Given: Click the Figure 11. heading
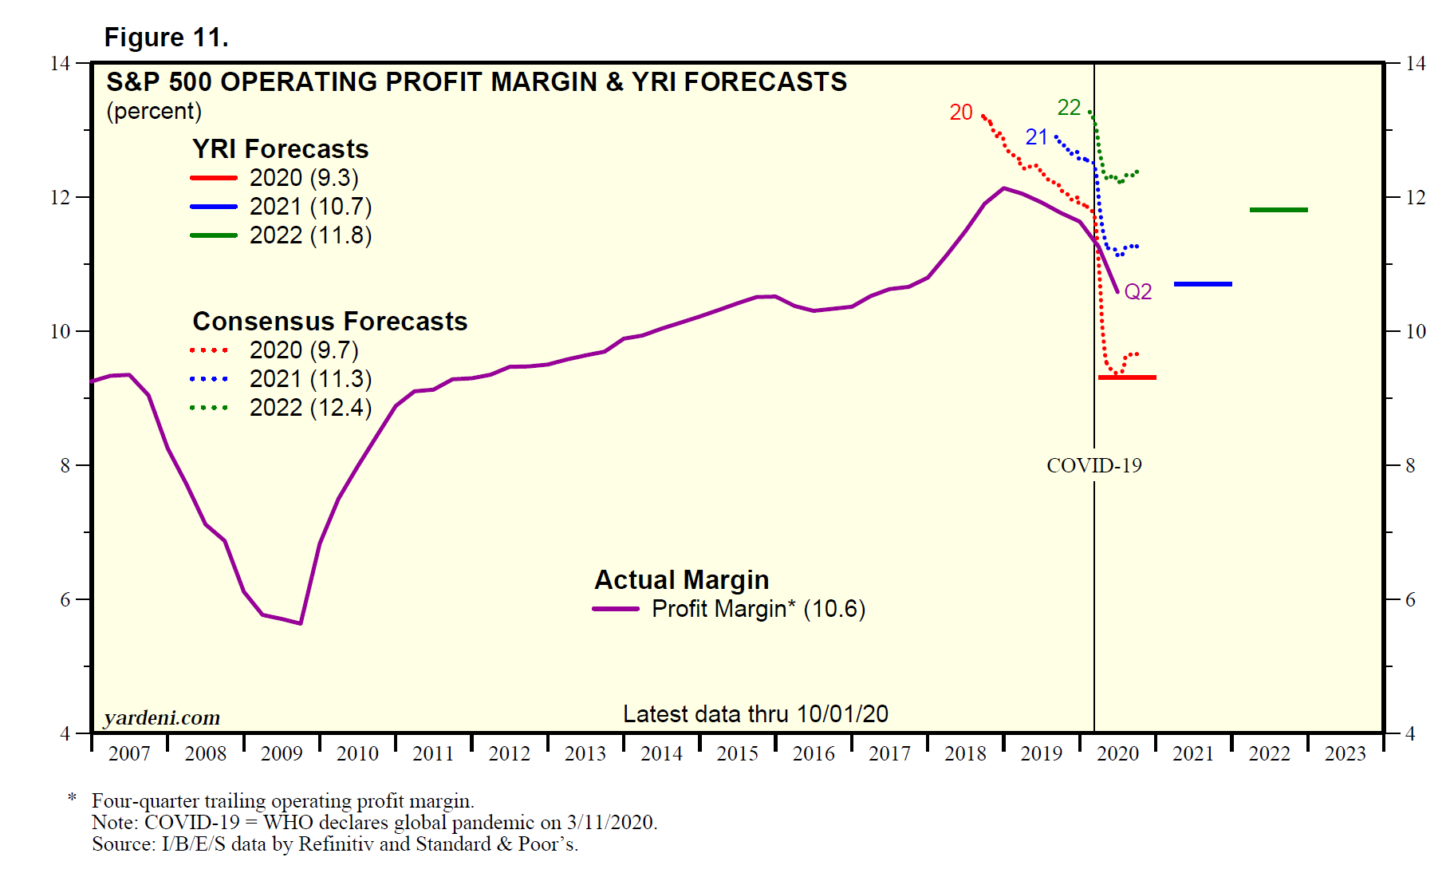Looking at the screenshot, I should (166, 38).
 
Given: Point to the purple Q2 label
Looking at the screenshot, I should (1138, 292).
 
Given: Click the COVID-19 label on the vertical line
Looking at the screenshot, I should (1093, 465).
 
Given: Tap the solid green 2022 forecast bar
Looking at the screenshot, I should (1279, 210).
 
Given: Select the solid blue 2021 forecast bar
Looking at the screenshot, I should (1203, 284).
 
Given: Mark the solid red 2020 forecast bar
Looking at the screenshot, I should (1127, 377).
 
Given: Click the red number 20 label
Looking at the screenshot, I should (961, 113).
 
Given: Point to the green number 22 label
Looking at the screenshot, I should (1069, 108).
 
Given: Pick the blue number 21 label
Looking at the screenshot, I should (1036, 137).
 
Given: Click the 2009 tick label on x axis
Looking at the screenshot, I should (282, 753).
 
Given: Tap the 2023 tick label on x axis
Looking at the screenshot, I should (1346, 753).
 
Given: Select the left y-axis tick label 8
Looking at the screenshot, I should (65, 465).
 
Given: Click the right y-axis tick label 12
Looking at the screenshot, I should (1415, 197).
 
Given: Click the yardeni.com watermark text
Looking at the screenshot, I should (162, 717).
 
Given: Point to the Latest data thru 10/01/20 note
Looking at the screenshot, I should (755, 713).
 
